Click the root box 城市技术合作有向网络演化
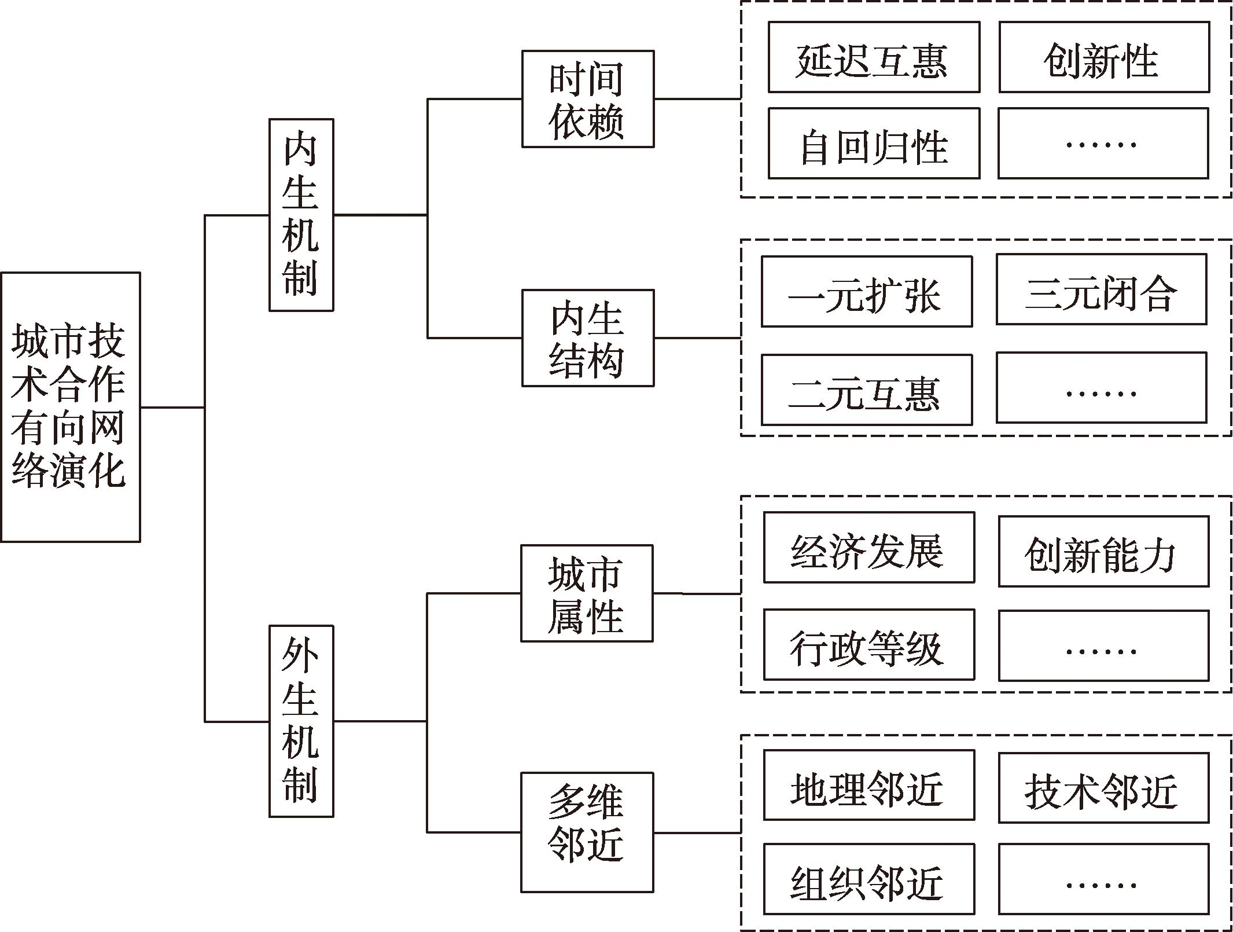(x=70, y=407)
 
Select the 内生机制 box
(x=301, y=215)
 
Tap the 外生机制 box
(x=301, y=721)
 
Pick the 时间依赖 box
(x=587, y=99)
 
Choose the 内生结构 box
(x=587, y=337)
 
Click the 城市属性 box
(x=586, y=593)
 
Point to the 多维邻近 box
(x=587, y=832)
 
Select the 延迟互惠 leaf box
(x=874, y=57)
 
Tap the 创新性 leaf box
(x=1104, y=57)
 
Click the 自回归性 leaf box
(x=874, y=143)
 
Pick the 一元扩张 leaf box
(x=866, y=292)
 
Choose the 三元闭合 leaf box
(x=1101, y=289)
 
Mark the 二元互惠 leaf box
(x=866, y=390)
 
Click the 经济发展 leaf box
(x=868, y=547)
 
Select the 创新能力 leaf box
(x=1103, y=551)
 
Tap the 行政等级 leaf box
(x=868, y=644)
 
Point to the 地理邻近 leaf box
(x=868, y=785)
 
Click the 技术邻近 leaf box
(x=1103, y=788)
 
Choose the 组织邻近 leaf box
(x=868, y=879)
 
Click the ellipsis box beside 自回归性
(x=1103, y=143)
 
